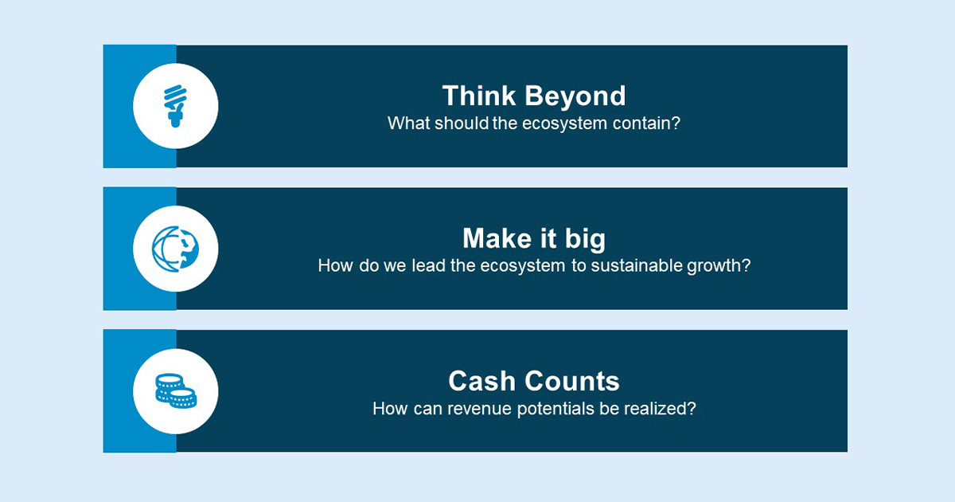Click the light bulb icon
click(x=175, y=106)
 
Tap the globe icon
click(x=175, y=248)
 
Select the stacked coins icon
click(x=175, y=390)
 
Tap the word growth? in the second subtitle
click(x=719, y=265)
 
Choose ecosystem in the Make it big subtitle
click(x=523, y=265)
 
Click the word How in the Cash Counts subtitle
click(x=389, y=408)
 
